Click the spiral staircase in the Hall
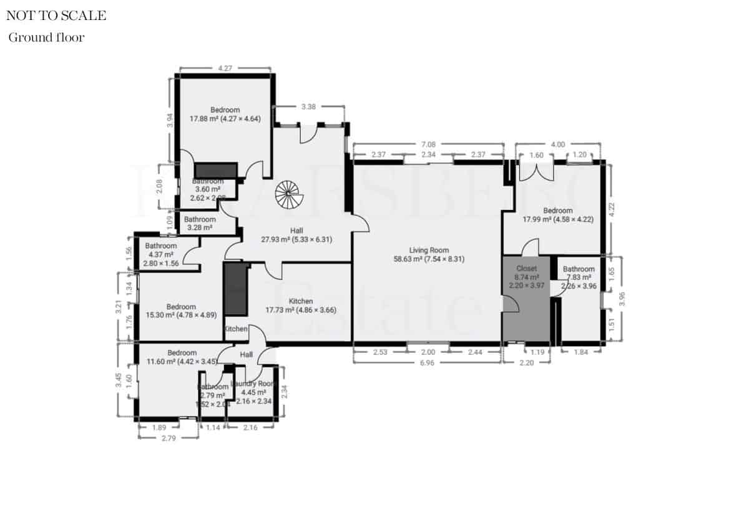(289, 194)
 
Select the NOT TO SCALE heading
(56, 16)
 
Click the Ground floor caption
(46, 37)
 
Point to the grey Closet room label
(526, 268)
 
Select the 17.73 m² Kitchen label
(298, 305)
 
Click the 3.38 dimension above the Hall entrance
(309, 106)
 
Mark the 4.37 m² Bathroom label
(162, 250)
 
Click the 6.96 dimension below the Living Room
(428, 362)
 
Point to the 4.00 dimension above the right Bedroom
(558, 144)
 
